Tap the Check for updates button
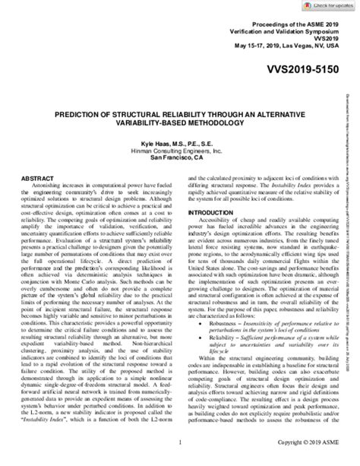(x=327, y=5)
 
